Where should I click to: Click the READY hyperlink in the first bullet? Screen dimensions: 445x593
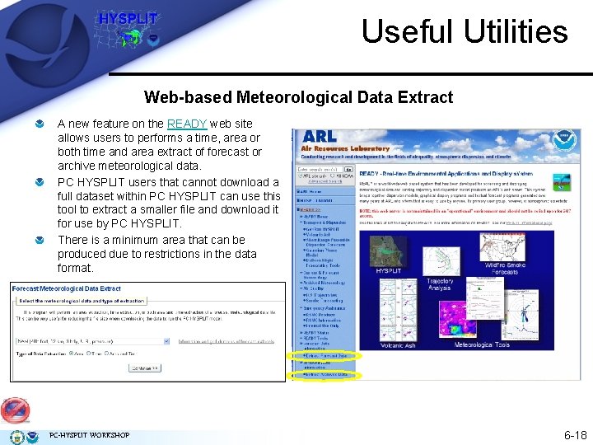click(x=187, y=124)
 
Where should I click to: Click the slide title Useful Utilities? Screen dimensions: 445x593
click(x=465, y=31)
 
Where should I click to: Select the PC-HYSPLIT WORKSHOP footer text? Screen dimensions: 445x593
click(x=89, y=435)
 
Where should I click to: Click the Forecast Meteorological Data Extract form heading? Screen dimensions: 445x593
click(x=66, y=288)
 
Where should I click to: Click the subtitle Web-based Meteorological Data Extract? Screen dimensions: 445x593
click(x=298, y=97)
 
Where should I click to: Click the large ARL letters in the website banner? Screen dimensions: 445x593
click(x=319, y=136)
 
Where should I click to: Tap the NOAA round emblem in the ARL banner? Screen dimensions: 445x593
click(x=563, y=140)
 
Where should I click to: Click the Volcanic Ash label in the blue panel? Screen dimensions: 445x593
click(x=398, y=345)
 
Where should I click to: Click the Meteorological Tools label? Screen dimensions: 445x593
click(x=491, y=345)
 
